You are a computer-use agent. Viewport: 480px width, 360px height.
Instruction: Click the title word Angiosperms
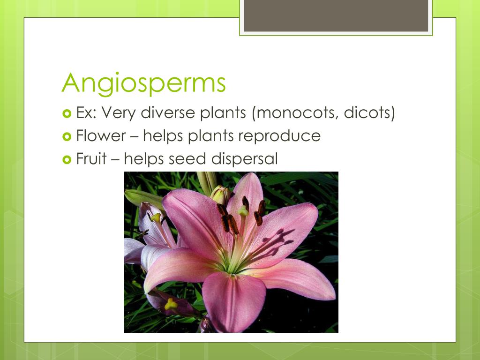click(144, 83)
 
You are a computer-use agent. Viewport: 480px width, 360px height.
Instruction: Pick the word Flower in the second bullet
click(101, 136)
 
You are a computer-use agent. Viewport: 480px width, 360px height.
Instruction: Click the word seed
click(188, 159)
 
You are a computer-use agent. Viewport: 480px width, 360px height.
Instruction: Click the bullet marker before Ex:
click(66, 113)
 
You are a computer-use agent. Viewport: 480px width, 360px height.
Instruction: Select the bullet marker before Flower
click(66, 136)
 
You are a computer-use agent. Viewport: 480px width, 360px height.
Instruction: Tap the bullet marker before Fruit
click(66, 159)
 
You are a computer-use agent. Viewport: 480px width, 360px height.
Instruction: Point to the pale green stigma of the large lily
click(243, 211)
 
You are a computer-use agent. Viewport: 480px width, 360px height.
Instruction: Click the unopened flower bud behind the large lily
click(220, 195)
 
